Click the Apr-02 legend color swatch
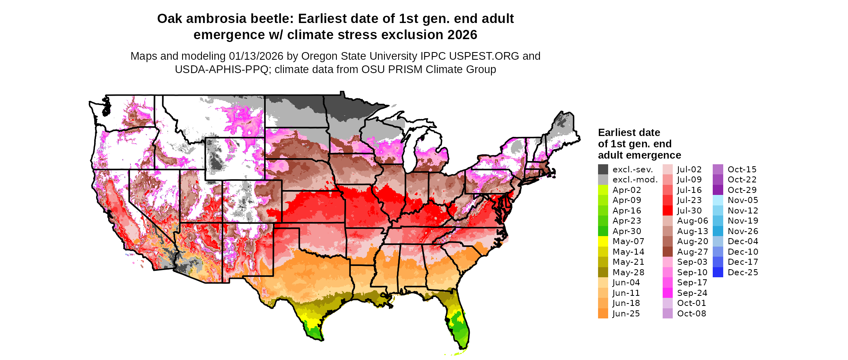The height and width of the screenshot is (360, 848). click(603, 190)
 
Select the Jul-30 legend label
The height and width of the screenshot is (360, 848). click(689, 211)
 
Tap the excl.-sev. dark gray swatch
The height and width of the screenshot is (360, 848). click(603, 170)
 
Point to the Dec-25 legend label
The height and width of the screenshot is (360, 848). click(743, 272)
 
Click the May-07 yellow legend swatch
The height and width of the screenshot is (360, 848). click(603, 241)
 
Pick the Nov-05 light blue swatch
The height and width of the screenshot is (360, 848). click(718, 200)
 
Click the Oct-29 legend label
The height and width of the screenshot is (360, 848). click(742, 190)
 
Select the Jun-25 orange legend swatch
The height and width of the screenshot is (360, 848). click(603, 314)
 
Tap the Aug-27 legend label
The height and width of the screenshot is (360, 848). click(693, 252)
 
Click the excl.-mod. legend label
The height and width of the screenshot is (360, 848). click(635, 180)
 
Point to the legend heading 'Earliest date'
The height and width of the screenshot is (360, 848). click(629, 133)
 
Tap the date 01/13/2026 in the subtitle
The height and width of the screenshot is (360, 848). click(256, 56)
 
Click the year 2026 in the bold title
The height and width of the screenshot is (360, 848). click(462, 35)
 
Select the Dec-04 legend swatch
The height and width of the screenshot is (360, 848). click(718, 241)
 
